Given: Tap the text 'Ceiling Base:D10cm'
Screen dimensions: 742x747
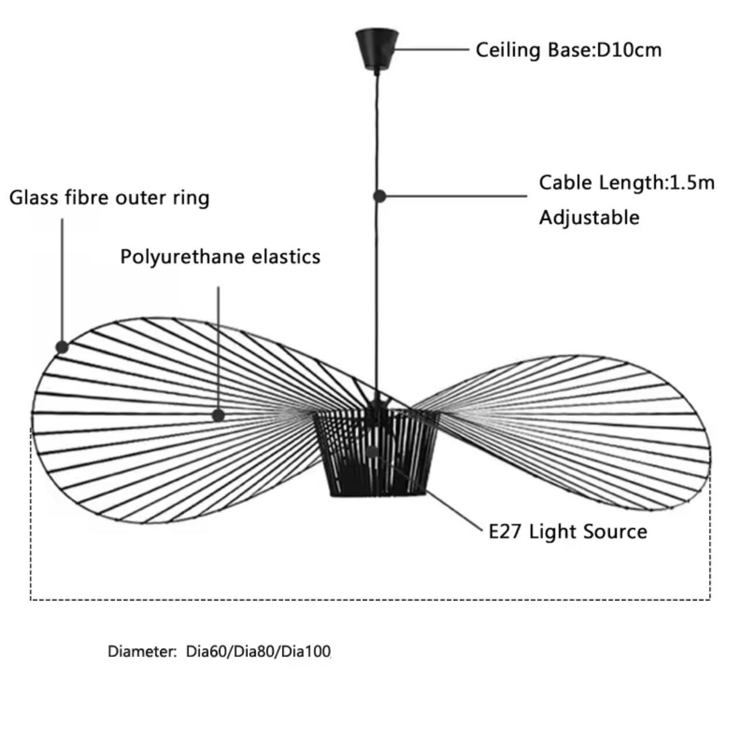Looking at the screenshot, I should pos(568,50).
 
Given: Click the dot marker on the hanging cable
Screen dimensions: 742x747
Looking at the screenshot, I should pos(380,196).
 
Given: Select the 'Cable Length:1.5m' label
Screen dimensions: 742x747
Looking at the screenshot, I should pos(626,182).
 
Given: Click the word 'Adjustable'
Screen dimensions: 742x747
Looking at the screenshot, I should pos(589,217).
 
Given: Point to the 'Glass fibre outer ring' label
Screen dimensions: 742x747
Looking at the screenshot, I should pos(109,198).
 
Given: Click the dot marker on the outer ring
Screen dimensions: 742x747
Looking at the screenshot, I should pos(62,348).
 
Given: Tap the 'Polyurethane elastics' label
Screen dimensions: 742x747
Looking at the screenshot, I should pos(220,256).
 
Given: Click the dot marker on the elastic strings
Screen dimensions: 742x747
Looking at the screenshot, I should pos(218,415).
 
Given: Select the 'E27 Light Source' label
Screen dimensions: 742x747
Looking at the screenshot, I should pos(567,532).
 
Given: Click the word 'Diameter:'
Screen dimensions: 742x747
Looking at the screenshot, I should pos(142,651).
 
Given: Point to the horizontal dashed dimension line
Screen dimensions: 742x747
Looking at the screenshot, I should pos(370,599).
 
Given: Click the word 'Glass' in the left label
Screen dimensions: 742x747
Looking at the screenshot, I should pos(33,198).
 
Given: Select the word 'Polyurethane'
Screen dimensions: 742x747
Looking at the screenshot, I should pos(185,257).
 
